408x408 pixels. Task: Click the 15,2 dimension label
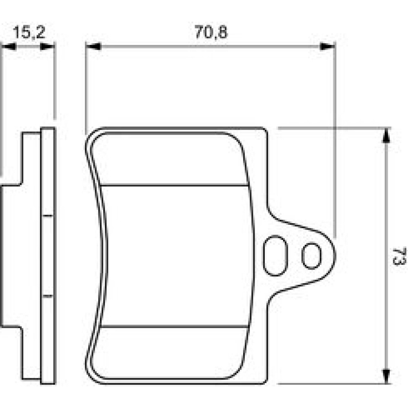pos(29,32)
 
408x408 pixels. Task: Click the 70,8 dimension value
pos(211,32)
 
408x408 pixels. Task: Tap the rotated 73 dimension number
pos(399,256)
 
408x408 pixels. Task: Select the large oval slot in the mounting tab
pos(275,255)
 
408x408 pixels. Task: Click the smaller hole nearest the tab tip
pos(311,255)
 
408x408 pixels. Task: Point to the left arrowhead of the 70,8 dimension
pos(93,47)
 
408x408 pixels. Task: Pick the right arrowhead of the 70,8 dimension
pos(327,47)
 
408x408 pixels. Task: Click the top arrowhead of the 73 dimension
pos(386,135)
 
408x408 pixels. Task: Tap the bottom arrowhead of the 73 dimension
pos(386,376)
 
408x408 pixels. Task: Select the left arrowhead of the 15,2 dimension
pos(9,47)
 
